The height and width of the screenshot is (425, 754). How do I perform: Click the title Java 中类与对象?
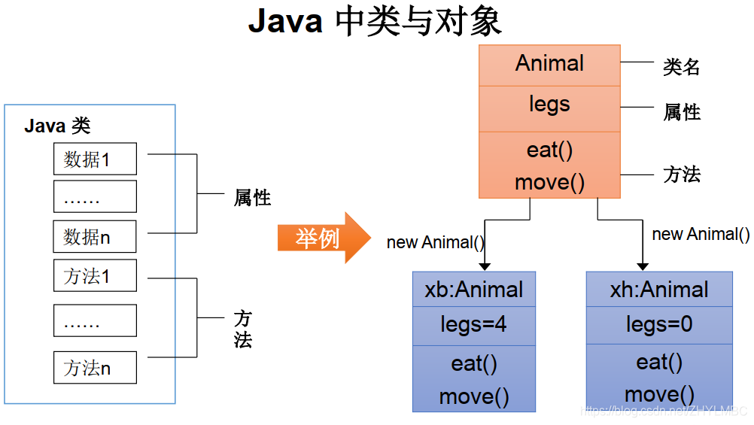(375, 22)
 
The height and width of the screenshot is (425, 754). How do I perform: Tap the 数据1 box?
(95, 159)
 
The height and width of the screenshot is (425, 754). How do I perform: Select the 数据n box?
(95, 237)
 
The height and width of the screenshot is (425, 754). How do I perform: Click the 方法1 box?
(95, 276)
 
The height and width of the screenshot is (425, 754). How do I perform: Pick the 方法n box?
(95, 368)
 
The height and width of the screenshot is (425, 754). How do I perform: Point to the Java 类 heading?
(57, 126)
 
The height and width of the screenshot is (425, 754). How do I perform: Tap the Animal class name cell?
(549, 64)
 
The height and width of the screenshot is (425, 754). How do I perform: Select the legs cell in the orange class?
(549, 105)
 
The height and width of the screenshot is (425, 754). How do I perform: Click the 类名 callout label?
(682, 67)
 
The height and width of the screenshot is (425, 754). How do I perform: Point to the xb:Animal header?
(474, 290)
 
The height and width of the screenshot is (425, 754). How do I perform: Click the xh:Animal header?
(659, 290)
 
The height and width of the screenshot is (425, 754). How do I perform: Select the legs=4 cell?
(474, 325)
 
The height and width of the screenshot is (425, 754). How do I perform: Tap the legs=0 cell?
(659, 325)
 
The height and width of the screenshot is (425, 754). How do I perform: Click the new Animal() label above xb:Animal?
(436, 242)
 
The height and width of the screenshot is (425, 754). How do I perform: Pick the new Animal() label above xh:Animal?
(701, 234)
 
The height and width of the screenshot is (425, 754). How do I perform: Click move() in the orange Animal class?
(549, 183)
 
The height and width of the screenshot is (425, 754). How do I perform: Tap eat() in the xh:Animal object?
(659, 363)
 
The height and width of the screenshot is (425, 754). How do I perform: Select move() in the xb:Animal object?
(474, 396)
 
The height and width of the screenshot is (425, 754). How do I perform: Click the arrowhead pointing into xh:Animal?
(643, 266)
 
